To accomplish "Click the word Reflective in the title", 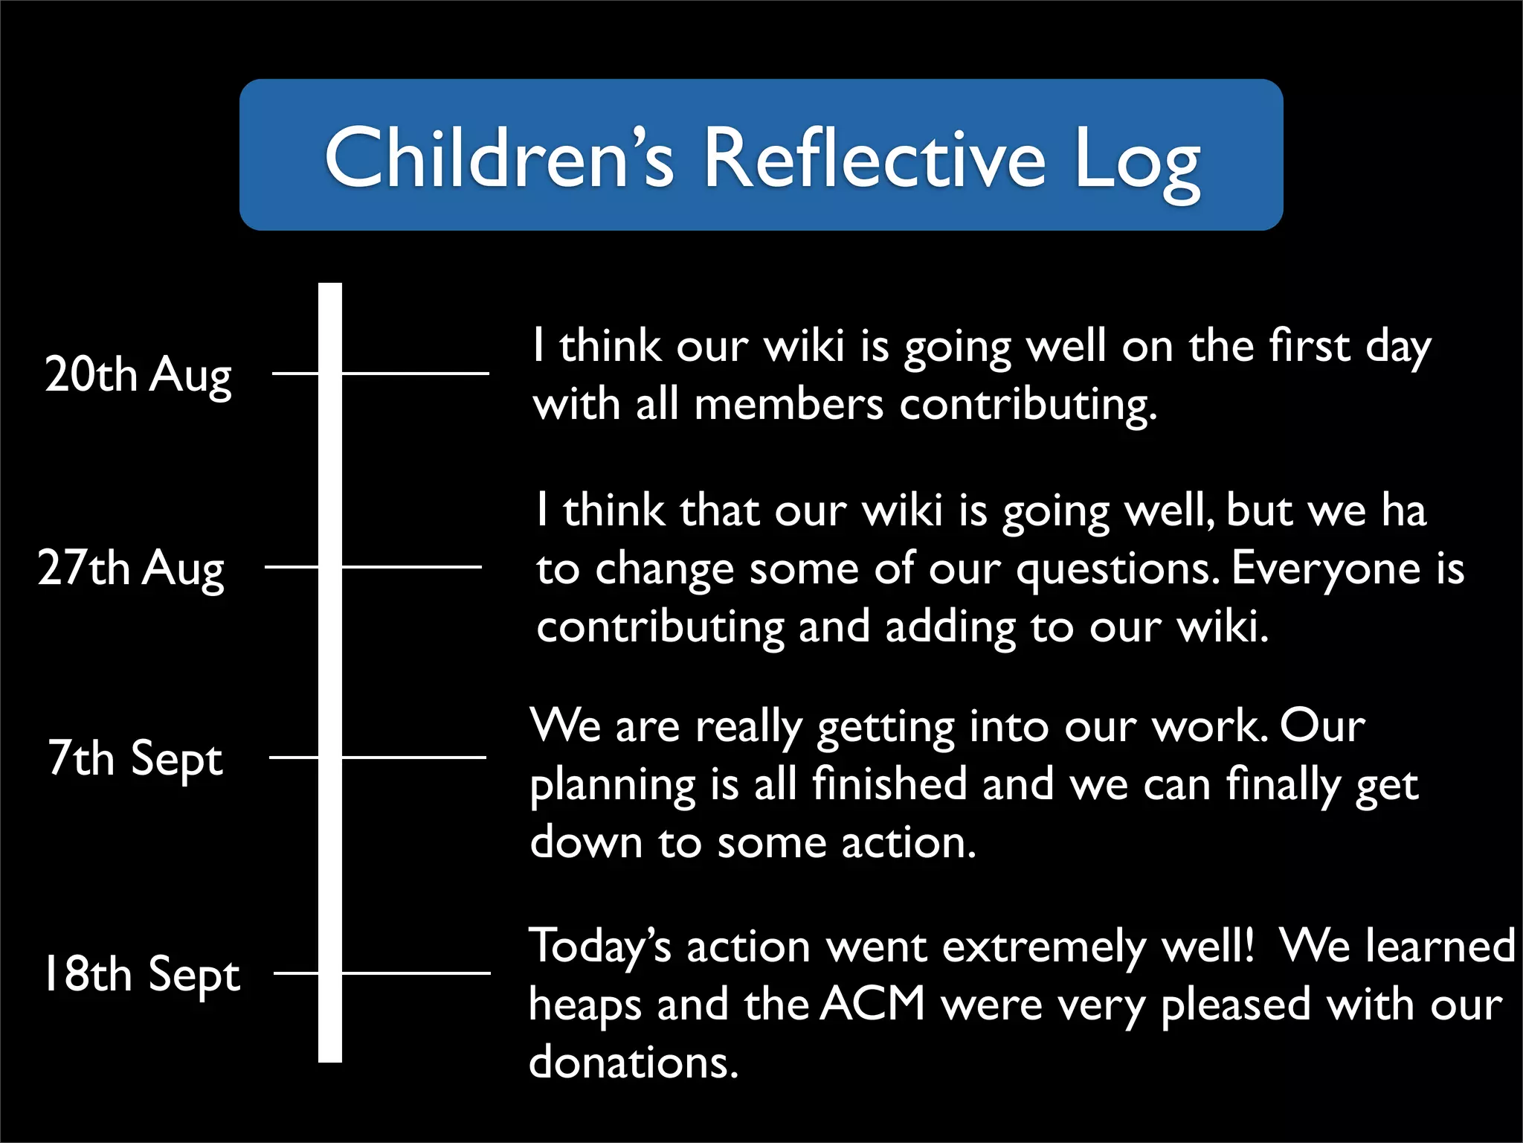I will tap(874, 159).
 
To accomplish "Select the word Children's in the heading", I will tap(499, 157).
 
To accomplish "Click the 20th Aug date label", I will tap(138, 374).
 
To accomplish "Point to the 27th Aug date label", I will tap(131, 569).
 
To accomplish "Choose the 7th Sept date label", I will tap(135, 759).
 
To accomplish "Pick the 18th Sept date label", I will tap(142, 974).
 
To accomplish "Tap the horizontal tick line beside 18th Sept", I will tap(416, 973).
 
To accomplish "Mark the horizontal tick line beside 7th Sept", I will tap(413, 758).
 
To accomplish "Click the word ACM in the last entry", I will tap(873, 1004).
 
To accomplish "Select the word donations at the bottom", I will tap(633, 1062).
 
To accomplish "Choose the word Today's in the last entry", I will tap(599, 947).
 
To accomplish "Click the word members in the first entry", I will tap(788, 406).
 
